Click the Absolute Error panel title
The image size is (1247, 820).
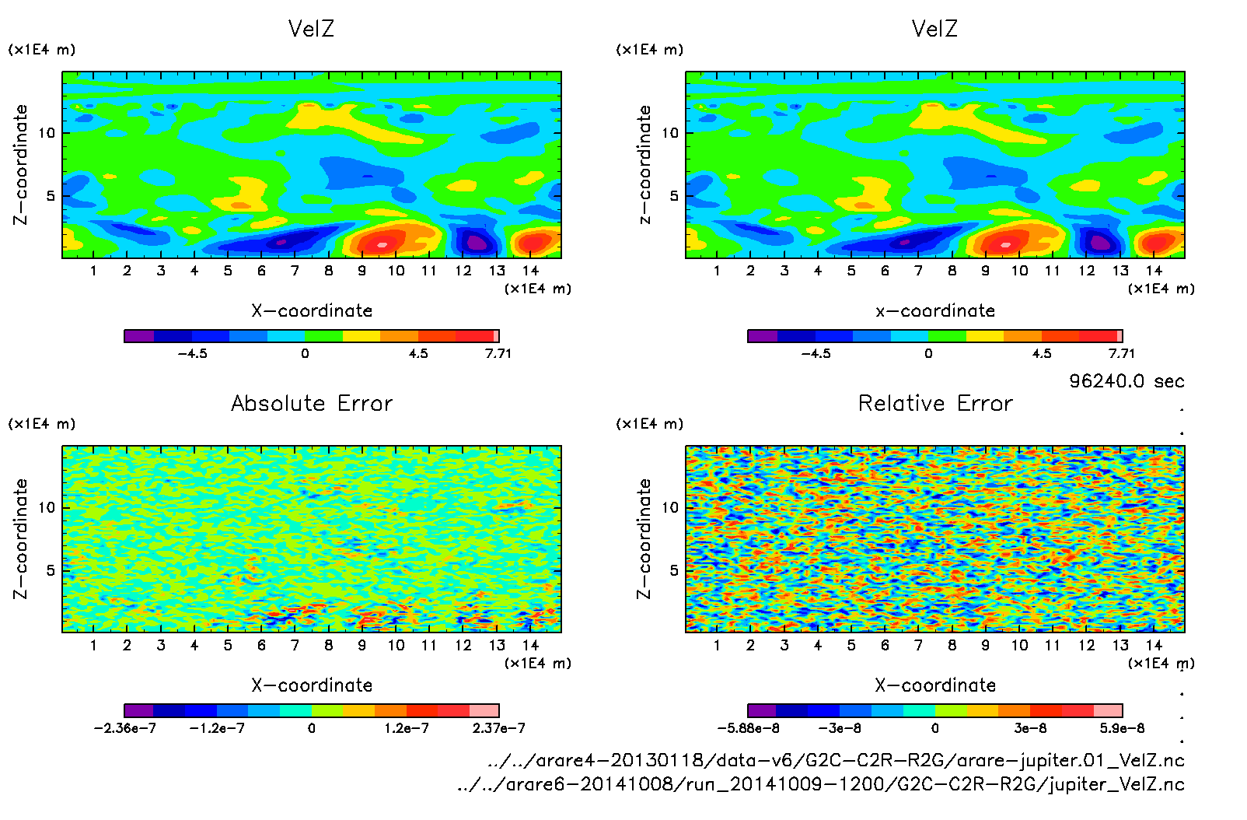point(312,403)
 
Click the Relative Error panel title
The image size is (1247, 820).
point(935,403)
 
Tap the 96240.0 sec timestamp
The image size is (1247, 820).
point(1126,381)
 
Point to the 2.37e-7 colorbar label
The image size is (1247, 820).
point(498,728)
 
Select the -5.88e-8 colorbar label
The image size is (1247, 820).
point(748,728)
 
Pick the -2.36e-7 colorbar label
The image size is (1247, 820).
point(124,728)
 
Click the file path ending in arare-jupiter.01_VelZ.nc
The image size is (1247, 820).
point(836,760)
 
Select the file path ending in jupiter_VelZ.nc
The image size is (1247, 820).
point(821,784)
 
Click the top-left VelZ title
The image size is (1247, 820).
point(311,29)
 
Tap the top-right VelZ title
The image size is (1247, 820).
point(934,29)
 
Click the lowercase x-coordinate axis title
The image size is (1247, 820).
point(935,310)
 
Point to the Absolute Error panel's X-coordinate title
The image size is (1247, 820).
point(312,685)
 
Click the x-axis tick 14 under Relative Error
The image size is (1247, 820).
point(1154,645)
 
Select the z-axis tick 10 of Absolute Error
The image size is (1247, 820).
point(47,507)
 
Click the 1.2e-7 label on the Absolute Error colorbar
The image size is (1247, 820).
point(407,728)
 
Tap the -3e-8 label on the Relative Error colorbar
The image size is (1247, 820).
point(840,728)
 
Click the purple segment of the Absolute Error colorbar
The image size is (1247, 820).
point(139,710)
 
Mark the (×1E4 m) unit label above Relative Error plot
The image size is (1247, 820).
point(650,424)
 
